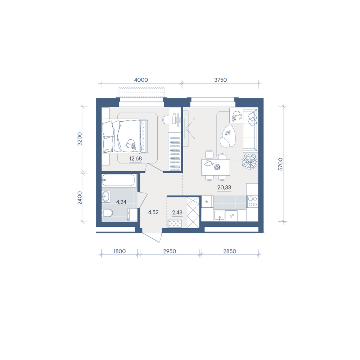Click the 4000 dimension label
141,80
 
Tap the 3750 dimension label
220,80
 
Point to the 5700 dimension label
280,164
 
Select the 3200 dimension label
80,139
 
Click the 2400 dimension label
80,198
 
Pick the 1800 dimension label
120,251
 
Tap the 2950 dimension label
170,251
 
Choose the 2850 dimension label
230,251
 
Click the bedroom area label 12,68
135,158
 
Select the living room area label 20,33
224,187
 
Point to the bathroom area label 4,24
121,202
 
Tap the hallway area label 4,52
153,212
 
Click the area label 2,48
177,212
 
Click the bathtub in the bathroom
118,180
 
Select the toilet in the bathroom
107,213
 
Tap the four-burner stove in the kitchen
252,201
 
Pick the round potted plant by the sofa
250,161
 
